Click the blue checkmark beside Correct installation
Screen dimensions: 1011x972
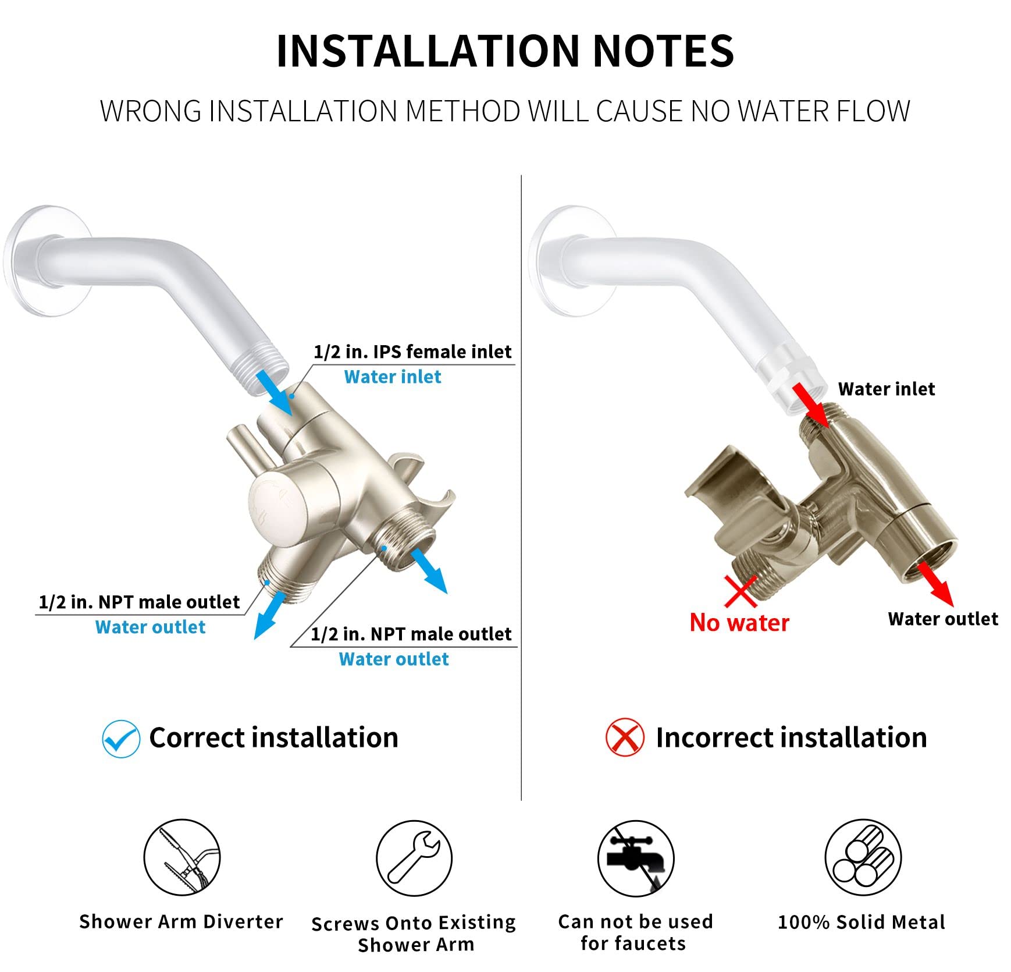point(121,739)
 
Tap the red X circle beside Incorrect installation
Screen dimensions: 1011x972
point(625,738)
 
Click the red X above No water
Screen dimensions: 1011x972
point(741,591)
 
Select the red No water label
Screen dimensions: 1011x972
point(739,623)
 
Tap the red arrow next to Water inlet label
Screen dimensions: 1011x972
point(810,405)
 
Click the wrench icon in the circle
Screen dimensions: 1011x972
point(414,858)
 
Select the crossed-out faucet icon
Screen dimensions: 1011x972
point(636,859)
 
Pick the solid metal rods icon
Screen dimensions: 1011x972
point(863,857)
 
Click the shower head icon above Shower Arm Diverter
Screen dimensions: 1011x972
point(182,857)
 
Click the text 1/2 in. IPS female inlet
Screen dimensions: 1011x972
point(412,352)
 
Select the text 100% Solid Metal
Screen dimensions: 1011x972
point(862,923)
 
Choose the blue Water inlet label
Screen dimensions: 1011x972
point(393,377)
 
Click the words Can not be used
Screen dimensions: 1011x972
point(635,922)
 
